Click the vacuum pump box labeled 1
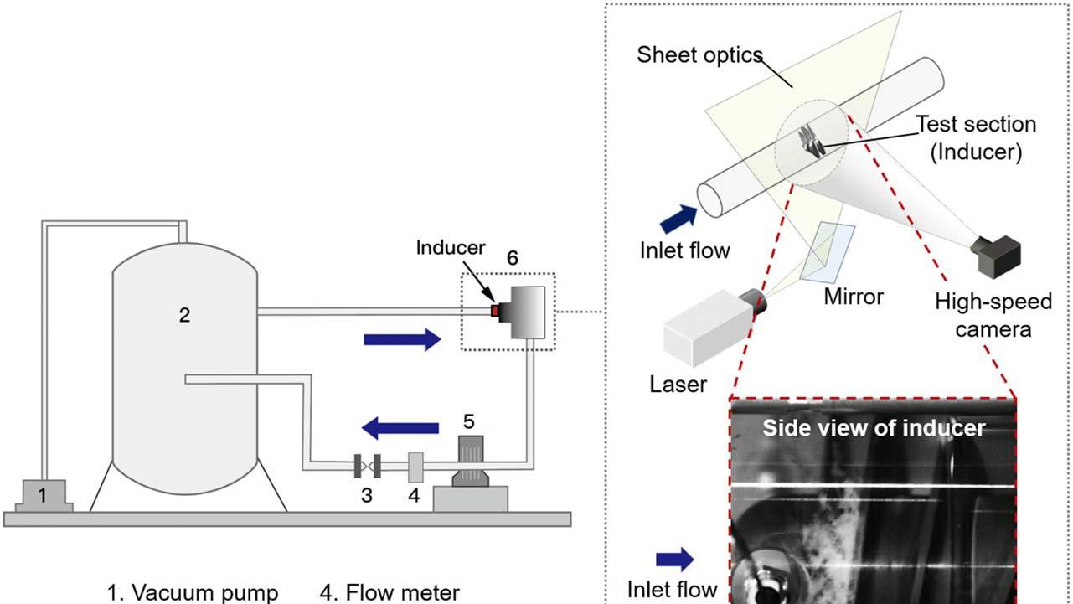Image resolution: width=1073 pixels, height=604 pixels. tap(44, 494)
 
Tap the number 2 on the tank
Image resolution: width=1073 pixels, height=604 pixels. tap(184, 315)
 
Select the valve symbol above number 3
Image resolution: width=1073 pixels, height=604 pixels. tap(367, 465)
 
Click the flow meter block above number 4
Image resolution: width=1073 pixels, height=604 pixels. tap(414, 467)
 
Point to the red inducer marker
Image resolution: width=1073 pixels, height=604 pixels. tap(494, 312)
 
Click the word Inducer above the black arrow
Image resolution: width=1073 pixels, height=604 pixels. tap(451, 248)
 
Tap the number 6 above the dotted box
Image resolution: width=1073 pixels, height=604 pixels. tap(512, 258)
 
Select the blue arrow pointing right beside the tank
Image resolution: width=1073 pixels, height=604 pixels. tap(403, 339)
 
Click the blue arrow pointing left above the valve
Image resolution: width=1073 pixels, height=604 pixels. tap(400, 429)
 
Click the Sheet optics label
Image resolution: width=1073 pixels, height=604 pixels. tap(699, 55)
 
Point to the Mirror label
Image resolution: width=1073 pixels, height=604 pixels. tap(854, 297)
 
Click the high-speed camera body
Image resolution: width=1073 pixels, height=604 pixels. tap(998, 256)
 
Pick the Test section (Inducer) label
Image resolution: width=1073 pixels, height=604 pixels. tap(976, 137)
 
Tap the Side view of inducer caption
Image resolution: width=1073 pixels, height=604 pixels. tap(874, 428)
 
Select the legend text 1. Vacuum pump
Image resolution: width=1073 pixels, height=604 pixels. tap(193, 593)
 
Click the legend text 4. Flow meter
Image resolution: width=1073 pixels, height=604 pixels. tap(389, 593)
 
